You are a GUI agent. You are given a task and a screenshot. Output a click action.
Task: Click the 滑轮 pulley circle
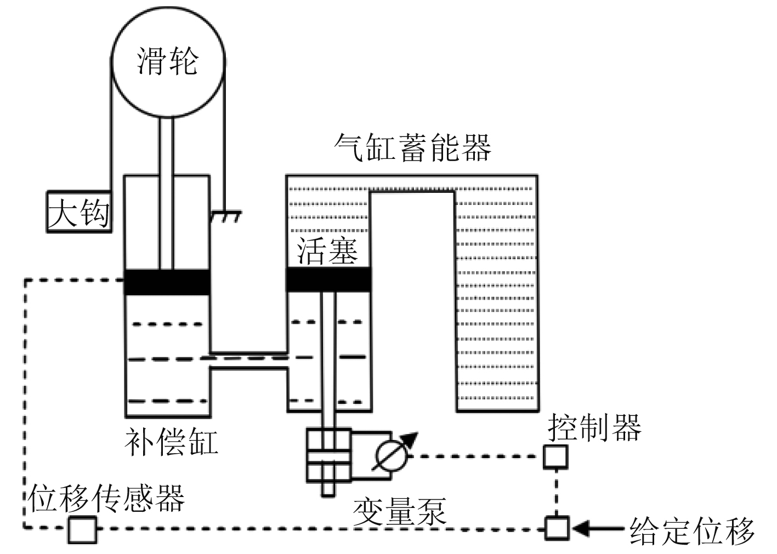[x=168, y=60]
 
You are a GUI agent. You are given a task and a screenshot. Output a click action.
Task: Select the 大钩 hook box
[x=78, y=212]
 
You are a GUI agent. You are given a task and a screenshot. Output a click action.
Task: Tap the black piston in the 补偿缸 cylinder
[x=167, y=282]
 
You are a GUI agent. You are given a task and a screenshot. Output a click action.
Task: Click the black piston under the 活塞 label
[x=328, y=279]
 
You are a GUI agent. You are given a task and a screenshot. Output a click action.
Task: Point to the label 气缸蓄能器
[x=412, y=147]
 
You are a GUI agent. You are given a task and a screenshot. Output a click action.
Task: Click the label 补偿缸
[x=171, y=442]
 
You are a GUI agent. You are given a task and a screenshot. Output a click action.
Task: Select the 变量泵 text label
[x=400, y=510]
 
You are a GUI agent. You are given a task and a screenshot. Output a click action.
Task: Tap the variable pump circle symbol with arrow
[x=392, y=454]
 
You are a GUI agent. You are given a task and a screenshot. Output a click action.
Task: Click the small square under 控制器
[x=555, y=456]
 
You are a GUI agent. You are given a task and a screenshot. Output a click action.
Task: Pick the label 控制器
[x=594, y=427]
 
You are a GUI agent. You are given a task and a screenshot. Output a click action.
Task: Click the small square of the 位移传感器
[x=82, y=529]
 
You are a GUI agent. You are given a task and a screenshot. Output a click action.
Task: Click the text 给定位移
[x=692, y=530]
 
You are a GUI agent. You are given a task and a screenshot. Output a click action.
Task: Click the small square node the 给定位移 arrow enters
[x=556, y=528]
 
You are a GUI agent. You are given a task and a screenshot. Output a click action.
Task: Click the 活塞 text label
[x=327, y=251]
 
